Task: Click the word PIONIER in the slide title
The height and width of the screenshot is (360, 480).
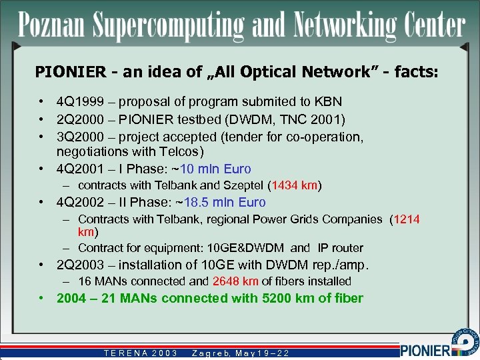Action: click(x=63, y=71)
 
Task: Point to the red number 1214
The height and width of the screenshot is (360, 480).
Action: click(x=406, y=219)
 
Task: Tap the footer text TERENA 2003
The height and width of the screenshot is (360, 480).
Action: click(x=140, y=353)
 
